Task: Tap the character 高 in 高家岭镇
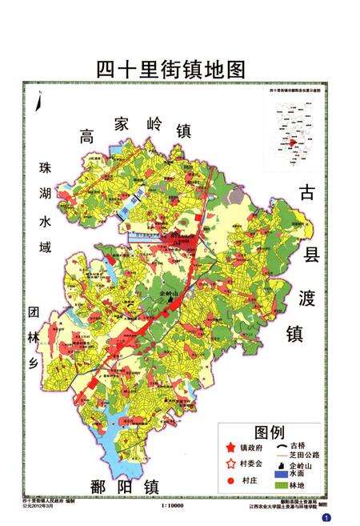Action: (87, 137)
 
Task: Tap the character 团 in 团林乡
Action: (34, 311)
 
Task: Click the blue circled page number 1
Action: (347, 519)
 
